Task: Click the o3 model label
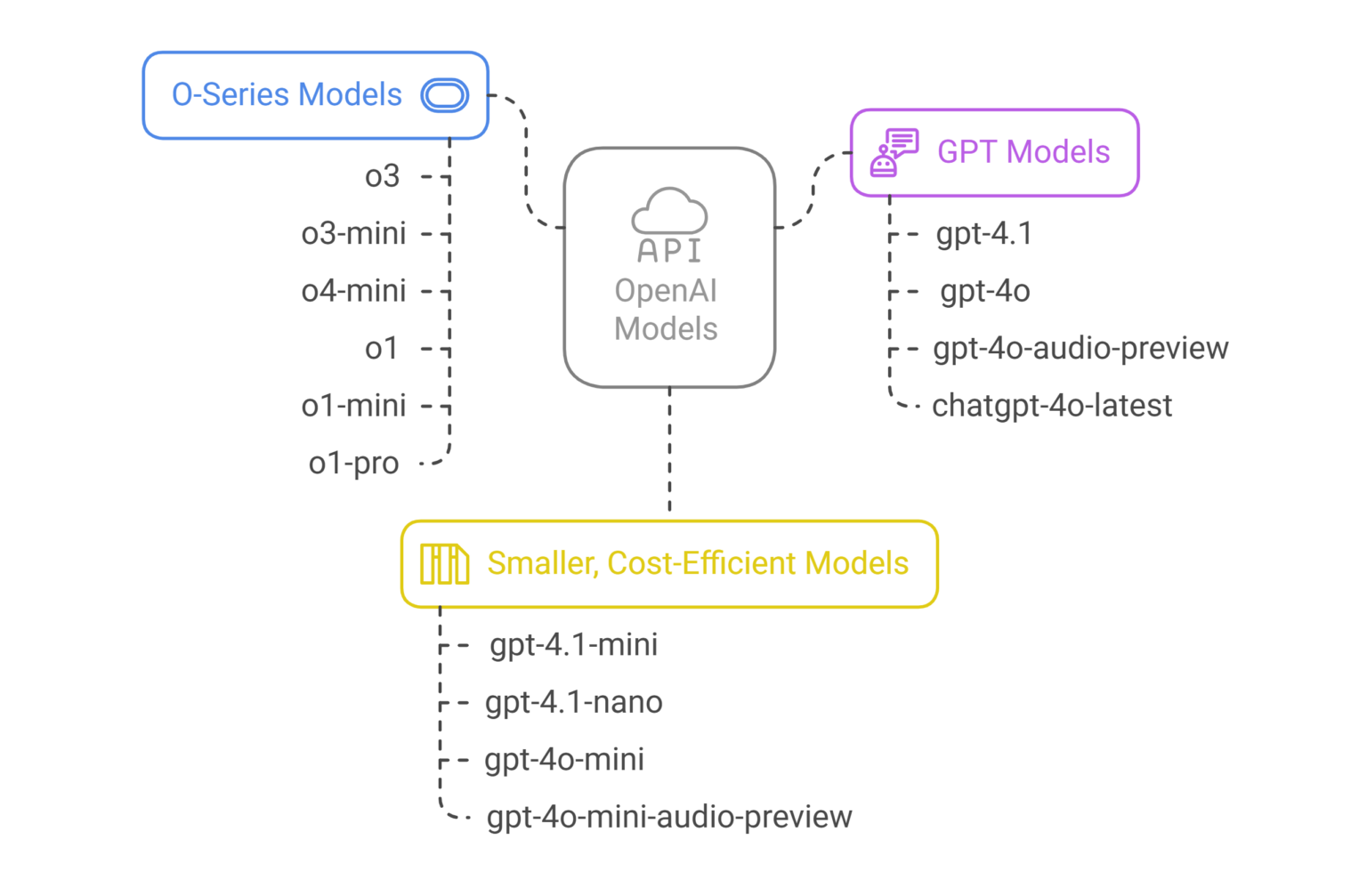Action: coord(382,176)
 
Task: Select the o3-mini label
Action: coord(353,233)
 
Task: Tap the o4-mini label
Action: coord(353,291)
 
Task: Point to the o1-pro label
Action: coord(353,463)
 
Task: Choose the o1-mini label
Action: coord(353,406)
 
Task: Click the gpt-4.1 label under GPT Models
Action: coord(983,233)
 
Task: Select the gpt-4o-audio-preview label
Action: coord(1080,348)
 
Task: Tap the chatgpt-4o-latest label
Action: coord(1052,406)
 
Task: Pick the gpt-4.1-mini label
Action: coord(573,644)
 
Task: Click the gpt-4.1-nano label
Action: coord(573,702)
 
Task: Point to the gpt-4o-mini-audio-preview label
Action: coord(669,817)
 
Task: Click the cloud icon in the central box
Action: coord(669,212)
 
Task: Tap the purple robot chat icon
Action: coord(894,152)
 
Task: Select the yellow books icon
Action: coord(444,564)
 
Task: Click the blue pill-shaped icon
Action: coord(445,95)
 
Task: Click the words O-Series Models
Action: coord(287,95)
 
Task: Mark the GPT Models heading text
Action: coord(1023,152)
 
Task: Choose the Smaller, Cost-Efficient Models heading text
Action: coord(698,563)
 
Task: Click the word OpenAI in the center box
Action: coord(666,291)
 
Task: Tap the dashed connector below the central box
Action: coord(669,449)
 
